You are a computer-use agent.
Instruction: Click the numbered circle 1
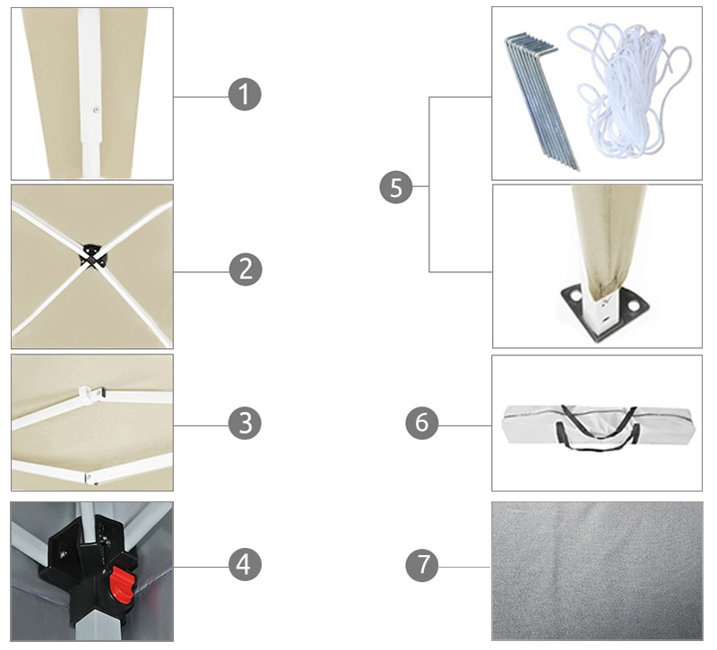click(x=245, y=95)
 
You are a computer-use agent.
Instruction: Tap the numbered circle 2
click(x=246, y=269)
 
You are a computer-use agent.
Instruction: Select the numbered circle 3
click(x=245, y=423)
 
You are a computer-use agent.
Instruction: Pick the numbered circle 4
click(x=245, y=564)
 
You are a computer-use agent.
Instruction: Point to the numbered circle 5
click(x=396, y=187)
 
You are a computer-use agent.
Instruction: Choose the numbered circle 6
click(x=421, y=423)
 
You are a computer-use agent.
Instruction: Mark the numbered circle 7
click(x=421, y=565)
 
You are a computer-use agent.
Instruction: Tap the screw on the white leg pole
click(x=96, y=109)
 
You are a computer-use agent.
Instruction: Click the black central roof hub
click(x=92, y=257)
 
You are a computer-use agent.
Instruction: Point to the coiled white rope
click(x=630, y=90)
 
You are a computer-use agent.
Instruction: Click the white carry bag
click(x=597, y=425)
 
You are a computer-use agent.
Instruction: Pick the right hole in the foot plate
click(x=634, y=304)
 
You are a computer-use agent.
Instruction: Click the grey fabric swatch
click(x=597, y=571)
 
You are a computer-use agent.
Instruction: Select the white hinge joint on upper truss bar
click(x=90, y=394)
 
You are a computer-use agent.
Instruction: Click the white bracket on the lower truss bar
click(x=91, y=478)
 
